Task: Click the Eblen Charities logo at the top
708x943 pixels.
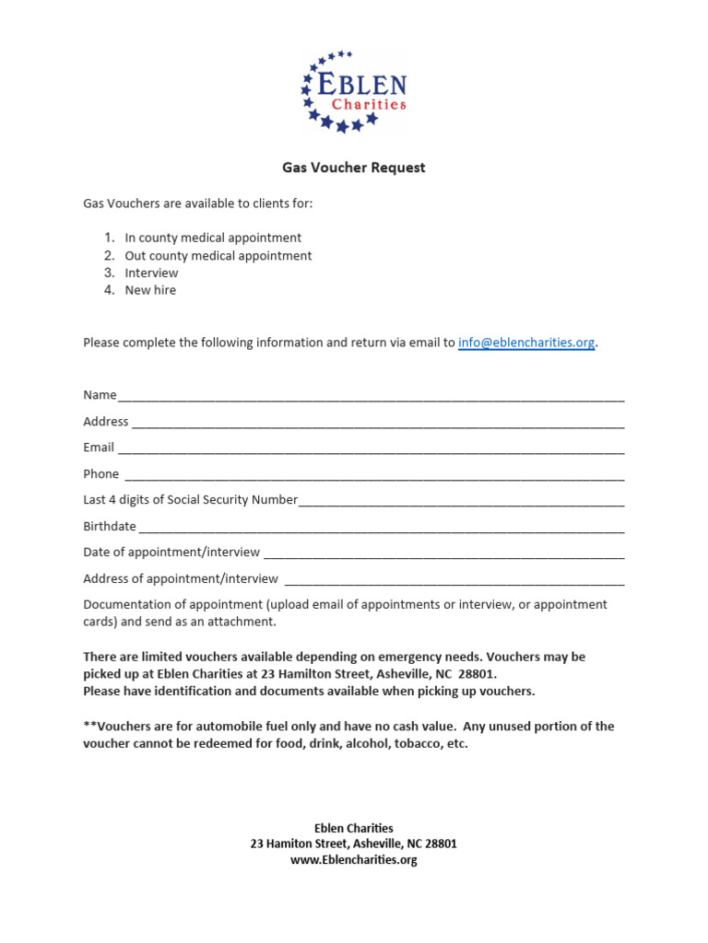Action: click(x=354, y=92)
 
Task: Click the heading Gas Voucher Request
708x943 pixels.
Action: click(x=354, y=168)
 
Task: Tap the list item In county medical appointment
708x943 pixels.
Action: click(x=213, y=238)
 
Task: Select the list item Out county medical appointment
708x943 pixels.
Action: click(x=218, y=255)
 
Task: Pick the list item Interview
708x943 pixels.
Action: click(x=151, y=273)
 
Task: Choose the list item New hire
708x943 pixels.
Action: click(x=150, y=290)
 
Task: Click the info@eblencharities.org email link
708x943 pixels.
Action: click(x=526, y=343)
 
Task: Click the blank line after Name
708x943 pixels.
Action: click(x=371, y=397)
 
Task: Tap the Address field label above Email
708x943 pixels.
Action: click(x=106, y=422)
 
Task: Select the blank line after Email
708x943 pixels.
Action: click(x=371, y=449)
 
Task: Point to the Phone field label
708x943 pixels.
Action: click(x=101, y=474)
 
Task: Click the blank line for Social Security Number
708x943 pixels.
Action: click(x=461, y=502)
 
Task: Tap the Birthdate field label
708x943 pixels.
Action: click(x=110, y=527)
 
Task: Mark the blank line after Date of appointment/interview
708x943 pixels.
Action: click(x=443, y=554)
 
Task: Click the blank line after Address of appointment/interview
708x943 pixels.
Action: click(x=454, y=581)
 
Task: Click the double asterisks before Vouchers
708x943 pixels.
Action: click(x=89, y=726)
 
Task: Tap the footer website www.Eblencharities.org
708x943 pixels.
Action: click(x=354, y=860)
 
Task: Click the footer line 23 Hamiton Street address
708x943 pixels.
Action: click(x=354, y=844)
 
